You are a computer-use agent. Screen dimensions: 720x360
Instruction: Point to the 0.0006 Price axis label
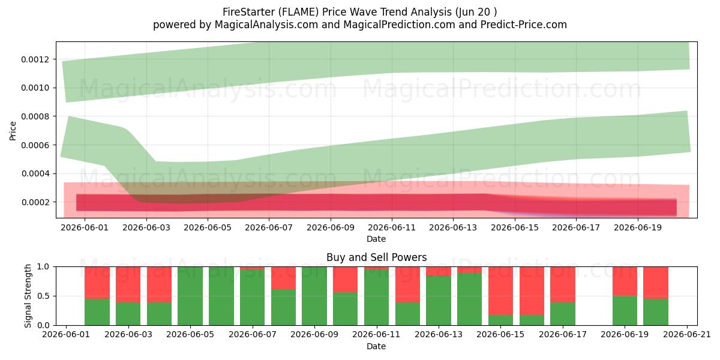coord(35,145)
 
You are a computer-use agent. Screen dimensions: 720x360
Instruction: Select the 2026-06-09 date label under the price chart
coord(331,227)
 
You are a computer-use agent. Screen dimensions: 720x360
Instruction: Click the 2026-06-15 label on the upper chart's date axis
coord(515,227)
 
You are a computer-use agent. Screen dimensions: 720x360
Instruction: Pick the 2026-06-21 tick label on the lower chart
coord(687,335)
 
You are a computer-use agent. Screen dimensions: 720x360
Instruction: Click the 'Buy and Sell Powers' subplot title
coord(376,257)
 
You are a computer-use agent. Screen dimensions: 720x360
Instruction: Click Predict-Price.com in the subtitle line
coord(524,25)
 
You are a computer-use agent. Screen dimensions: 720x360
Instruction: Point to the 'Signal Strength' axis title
coord(28,296)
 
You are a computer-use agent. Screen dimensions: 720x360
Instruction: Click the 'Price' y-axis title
coord(13,131)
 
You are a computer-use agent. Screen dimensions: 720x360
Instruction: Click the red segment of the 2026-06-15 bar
coord(500,291)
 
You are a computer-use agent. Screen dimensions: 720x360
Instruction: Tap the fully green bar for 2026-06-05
coord(190,296)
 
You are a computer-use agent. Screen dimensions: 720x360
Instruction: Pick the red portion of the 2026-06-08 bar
coord(283,278)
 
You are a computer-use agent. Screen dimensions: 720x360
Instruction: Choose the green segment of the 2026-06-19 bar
coord(625,311)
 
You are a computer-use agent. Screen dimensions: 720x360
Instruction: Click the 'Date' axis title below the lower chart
coord(376,347)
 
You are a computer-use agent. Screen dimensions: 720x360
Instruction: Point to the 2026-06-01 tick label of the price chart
coord(85,227)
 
